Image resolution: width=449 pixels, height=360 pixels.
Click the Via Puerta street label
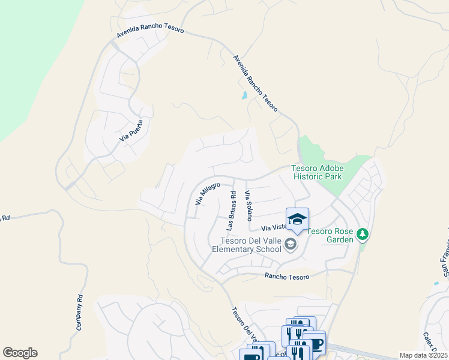coord(134,130)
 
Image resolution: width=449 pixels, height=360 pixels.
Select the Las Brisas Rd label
coord(230,211)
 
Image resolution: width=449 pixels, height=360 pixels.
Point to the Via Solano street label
coord(248,205)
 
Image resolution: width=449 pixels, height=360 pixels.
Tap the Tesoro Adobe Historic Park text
coord(317,173)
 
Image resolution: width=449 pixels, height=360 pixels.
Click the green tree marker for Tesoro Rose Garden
coord(362,233)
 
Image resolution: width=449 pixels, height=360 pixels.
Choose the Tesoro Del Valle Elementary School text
coord(246,245)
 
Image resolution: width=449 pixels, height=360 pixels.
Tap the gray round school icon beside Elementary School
coord(291,244)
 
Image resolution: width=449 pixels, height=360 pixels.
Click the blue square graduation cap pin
coord(297,220)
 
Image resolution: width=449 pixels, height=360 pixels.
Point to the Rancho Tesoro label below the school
coord(287,277)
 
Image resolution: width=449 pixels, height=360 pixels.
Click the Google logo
coord(20,353)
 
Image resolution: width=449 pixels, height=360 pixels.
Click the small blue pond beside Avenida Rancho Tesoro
coord(244,95)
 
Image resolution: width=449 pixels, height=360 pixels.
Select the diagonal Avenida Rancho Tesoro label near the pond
coord(256,83)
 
